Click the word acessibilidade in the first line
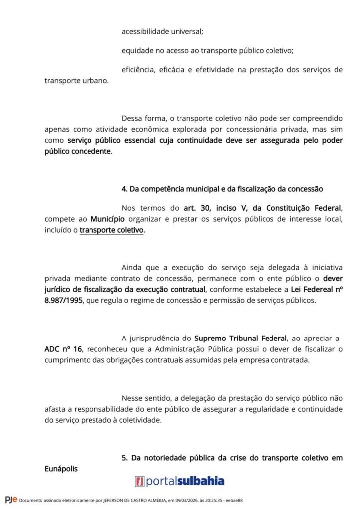[144, 31]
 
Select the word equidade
[136, 50]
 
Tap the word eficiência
[138, 69]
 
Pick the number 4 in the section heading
[124, 189]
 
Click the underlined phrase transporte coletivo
[111, 230]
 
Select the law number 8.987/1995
[63, 301]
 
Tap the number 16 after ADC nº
[77, 349]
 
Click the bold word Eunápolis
[61, 468]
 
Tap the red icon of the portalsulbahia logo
[140, 481]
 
